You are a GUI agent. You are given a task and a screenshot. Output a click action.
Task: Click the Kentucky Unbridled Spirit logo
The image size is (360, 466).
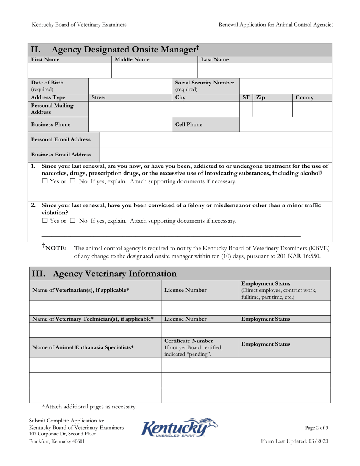[180, 428]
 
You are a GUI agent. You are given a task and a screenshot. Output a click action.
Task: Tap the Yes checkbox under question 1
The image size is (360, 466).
[44, 181]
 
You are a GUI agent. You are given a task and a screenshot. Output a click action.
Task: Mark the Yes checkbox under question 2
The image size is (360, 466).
[44, 221]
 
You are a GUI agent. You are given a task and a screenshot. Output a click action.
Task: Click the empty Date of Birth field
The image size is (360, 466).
[130, 86]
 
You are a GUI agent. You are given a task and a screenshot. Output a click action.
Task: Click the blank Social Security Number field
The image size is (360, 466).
[285, 86]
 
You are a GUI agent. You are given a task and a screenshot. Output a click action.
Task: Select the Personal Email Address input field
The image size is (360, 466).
[215, 139]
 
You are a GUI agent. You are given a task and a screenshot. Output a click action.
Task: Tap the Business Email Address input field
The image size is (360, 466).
[215, 155]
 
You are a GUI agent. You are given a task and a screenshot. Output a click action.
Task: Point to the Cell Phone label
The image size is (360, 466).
[188, 124]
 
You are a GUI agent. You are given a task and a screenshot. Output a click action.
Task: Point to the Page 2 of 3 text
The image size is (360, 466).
[316, 428]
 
